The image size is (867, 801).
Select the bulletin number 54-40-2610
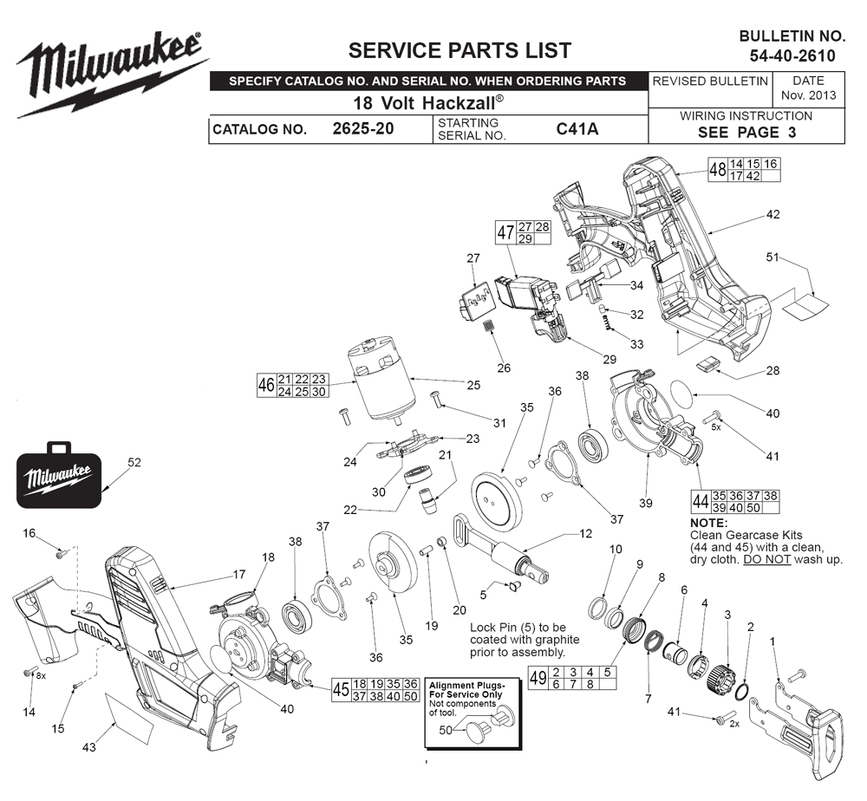[x=792, y=55]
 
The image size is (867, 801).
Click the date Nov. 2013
[x=808, y=95]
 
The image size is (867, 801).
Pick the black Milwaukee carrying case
[x=58, y=477]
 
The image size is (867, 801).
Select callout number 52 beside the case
[x=134, y=463]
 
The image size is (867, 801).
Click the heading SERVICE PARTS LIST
[x=460, y=49]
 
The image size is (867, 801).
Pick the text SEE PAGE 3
[x=746, y=133]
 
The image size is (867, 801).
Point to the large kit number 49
[x=538, y=678]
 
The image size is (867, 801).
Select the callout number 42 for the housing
[x=772, y=213]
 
